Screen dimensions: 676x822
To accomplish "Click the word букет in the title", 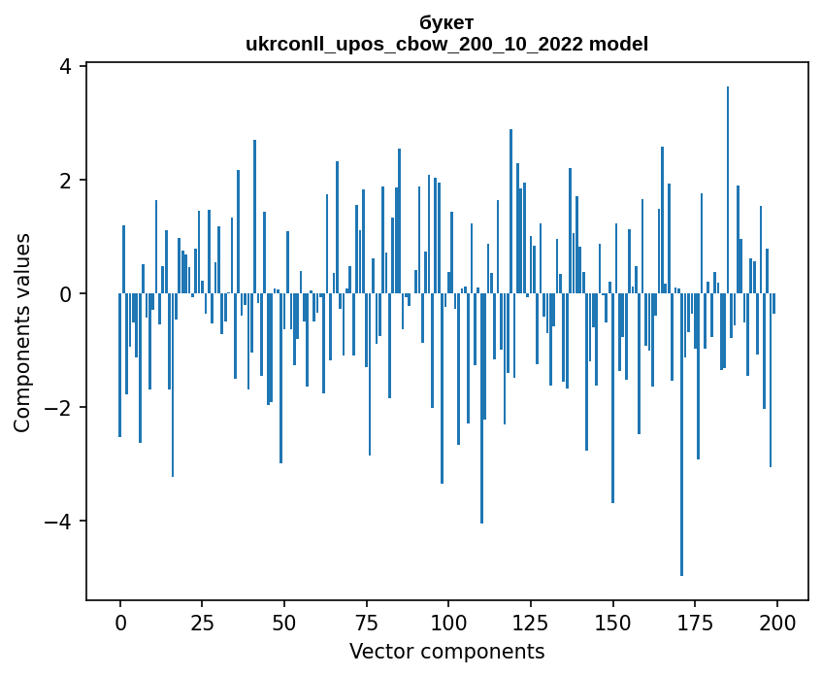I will (446, 22).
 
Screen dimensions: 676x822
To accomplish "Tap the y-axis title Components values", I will (22, 332).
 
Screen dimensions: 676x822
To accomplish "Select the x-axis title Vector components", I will (446, 651).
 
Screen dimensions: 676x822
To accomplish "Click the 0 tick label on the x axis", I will (120, 622).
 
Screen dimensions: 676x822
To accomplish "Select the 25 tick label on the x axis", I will (202, 622).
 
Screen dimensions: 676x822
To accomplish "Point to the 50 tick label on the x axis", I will (284, 622).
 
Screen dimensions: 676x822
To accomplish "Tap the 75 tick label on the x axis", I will (367, 622).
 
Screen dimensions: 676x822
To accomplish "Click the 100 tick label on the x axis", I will (448, 622).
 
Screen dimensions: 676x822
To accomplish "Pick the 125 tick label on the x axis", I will (531, 622).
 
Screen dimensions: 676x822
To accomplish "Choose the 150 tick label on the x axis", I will (612, 622).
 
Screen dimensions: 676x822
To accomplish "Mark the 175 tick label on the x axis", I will (695, 622).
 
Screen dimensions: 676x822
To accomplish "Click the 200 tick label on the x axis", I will (777, 622).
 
